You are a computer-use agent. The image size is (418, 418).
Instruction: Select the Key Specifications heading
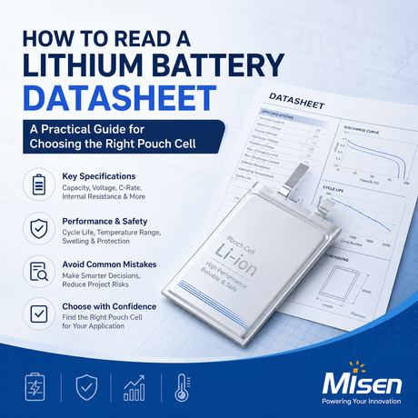coord(98,176)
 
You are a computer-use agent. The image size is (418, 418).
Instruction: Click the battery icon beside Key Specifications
coord(37,184)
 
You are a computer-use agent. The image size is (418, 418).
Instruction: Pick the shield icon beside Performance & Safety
coord(37,227)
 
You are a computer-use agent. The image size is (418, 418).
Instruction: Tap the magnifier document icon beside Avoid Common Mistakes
coord(37,270)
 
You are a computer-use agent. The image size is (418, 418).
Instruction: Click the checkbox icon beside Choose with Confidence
coord(37,313)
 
